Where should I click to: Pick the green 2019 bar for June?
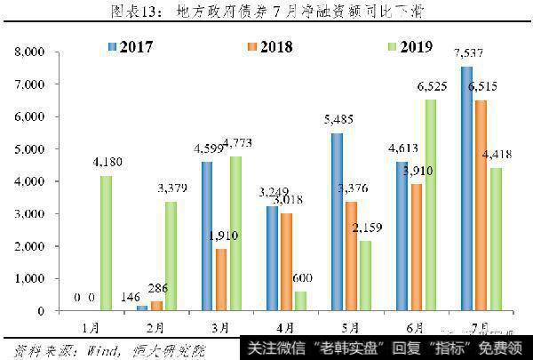430,204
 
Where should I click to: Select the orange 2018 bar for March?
222,279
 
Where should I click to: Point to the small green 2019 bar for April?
300,300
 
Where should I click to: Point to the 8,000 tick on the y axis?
32,52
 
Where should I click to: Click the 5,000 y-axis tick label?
32,149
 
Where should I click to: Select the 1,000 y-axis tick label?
32,278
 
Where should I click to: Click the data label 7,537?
463,58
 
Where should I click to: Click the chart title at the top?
266,12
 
